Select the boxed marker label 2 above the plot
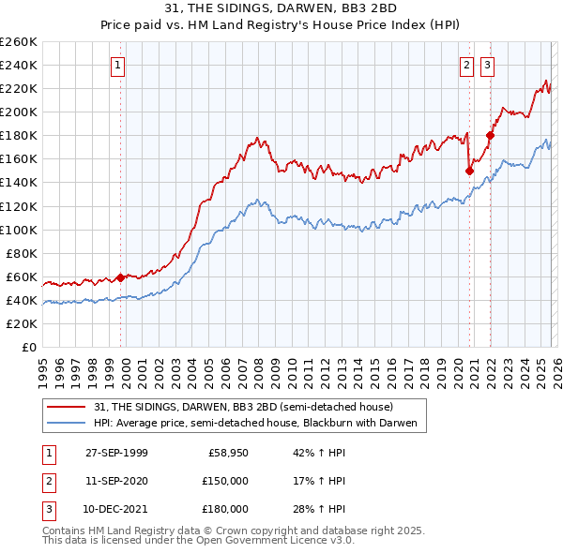tap(466, 65)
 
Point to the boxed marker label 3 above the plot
tap(488, 65)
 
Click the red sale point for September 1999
tap(121, 277)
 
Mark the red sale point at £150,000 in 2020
tap(469, 171)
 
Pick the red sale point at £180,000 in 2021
tap(490, 135)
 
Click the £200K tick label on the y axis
tap(19, 112)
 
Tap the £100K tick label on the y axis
tap(19, 230)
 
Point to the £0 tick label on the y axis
tap(28, 347)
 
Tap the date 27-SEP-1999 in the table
tap(116, 453)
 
